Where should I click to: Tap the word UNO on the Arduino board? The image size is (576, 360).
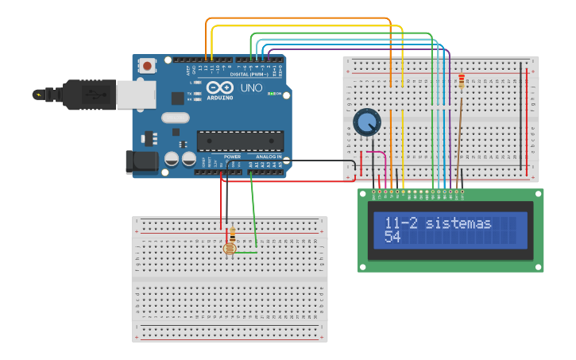point(251,87)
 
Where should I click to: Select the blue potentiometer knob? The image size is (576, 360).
point(367,122)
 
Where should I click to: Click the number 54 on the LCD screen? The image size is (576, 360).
point(392,237)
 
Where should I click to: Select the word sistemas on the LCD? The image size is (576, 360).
point(458,223)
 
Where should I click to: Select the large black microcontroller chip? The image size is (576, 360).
point(240,140)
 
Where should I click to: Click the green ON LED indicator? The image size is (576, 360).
point(271,95)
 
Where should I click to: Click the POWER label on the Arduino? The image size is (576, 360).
point(232,157)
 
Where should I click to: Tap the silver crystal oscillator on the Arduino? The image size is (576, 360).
point(176,118)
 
